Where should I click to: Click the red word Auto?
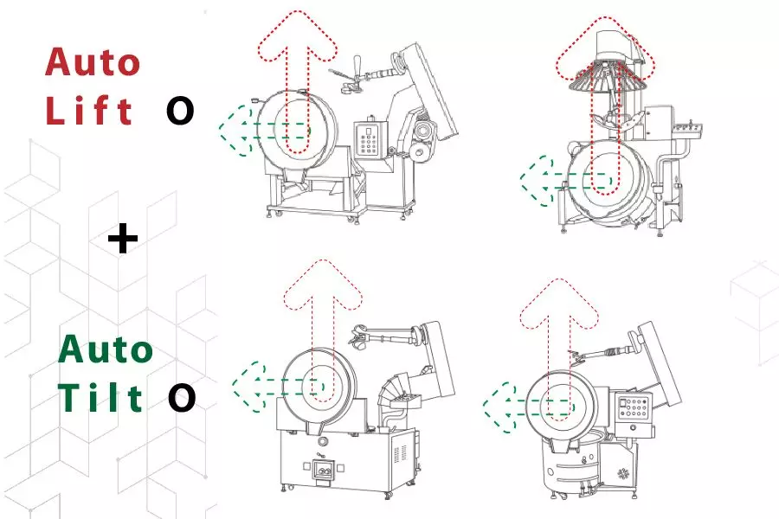coord(93,62)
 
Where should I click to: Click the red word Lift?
coord(89,110)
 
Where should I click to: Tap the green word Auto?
coord(106,349)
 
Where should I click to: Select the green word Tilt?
coord(101,397)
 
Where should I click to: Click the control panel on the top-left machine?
coord(370,139)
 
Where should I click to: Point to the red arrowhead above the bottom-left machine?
coord(323,285)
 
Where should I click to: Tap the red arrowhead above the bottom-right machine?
coord(559,304)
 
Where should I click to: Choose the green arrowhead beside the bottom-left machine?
coord(248,387)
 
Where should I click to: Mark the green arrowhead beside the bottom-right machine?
coord(499,407)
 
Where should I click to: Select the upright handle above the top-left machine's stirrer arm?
coord(357,67)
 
